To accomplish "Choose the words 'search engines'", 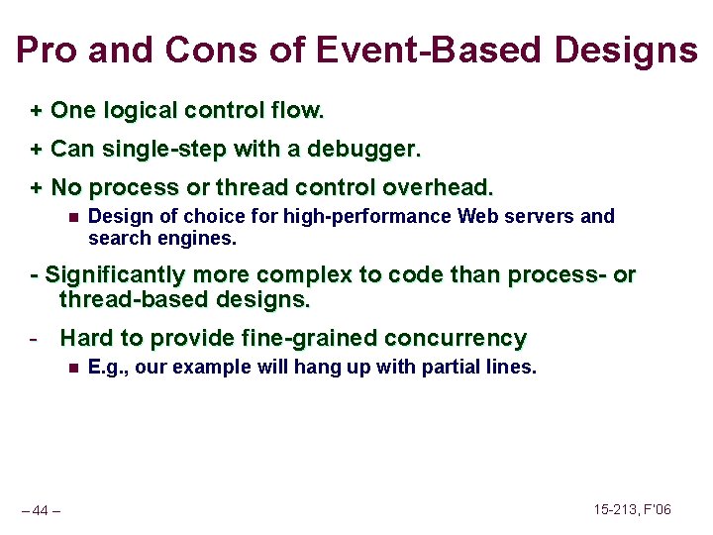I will (161, 238).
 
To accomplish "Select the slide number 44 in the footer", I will (41, 510).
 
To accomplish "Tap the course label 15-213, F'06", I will (632, 509).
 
